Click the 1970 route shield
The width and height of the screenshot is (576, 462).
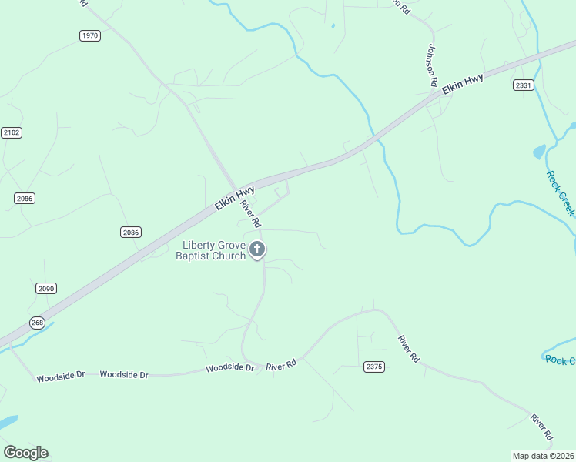[90, 35]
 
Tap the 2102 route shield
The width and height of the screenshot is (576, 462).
[12, 132]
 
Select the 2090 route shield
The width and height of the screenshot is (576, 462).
[46, 288]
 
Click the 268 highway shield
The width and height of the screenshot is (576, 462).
[37, 323]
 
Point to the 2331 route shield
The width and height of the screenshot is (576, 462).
[524, 85]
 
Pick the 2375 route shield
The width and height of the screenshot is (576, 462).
[373, 367]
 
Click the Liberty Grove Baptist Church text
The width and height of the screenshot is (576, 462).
[213, 250]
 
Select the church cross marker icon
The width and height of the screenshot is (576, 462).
[257, 249]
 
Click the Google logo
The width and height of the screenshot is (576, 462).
[25, 453]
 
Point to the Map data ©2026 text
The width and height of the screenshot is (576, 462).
[543, 455]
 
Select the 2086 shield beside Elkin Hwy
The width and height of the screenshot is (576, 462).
[131, 232]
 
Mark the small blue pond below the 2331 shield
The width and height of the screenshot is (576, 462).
[539, 152]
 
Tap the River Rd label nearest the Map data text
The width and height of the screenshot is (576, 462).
[541, 427]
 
